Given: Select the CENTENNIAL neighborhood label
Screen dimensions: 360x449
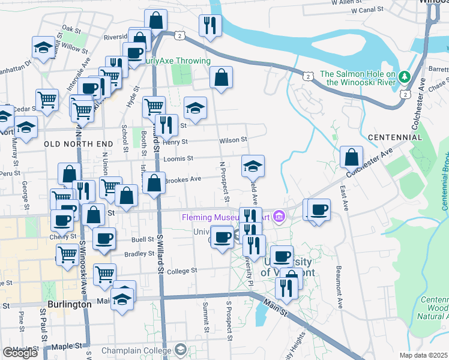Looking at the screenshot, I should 395,137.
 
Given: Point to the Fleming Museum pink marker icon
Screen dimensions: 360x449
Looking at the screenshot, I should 279,216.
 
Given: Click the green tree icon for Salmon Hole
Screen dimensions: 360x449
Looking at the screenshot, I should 405,76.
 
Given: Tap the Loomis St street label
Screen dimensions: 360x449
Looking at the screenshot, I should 178,159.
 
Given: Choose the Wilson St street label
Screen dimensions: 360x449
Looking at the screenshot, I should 234,140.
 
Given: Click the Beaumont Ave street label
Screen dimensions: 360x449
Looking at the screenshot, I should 340,286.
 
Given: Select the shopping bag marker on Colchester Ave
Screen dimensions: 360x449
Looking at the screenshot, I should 351,157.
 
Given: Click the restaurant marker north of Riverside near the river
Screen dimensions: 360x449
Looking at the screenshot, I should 209,25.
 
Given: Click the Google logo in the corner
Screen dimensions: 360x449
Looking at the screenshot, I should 20,353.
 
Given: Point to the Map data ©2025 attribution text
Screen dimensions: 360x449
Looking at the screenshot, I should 424,355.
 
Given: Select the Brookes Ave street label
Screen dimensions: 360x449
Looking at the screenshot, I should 182,179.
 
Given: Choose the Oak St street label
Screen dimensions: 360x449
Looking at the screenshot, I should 71,29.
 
